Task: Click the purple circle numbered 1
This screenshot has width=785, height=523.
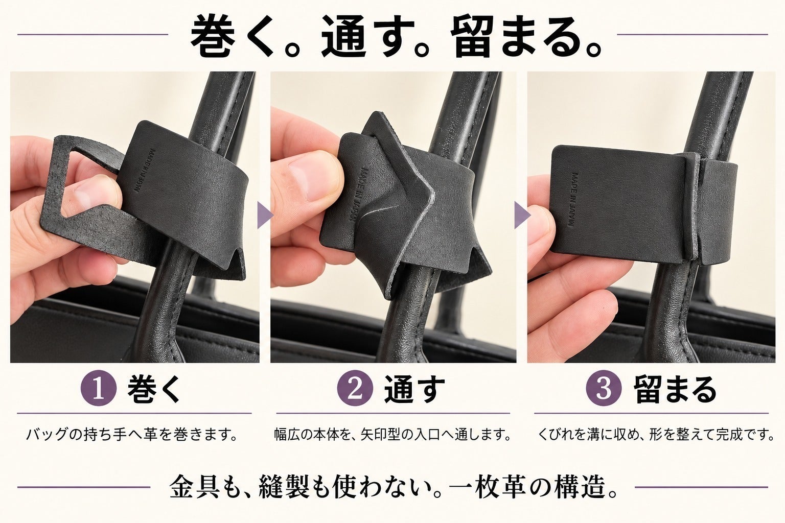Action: click(x=99, y=388)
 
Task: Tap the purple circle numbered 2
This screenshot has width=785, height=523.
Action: click(x=355, y=388)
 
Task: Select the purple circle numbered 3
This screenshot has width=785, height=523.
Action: click(x=604, y=388)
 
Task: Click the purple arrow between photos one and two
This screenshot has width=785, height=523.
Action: click(x=265, y=215)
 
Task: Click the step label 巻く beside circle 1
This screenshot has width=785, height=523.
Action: click(x=154, y=389)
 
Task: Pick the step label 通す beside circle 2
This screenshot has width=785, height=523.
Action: click(x=414, y=389)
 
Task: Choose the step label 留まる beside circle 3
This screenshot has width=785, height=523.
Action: click(x=675, y=389)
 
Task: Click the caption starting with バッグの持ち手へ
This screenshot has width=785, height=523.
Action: click(x=132, y=435)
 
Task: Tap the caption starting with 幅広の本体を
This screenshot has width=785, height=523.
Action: click(x=392, y=435)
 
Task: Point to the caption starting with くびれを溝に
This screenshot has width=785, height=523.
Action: click(x=656, y=435)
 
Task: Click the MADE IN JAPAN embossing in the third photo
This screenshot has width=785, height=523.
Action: click(x=575, y=200)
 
